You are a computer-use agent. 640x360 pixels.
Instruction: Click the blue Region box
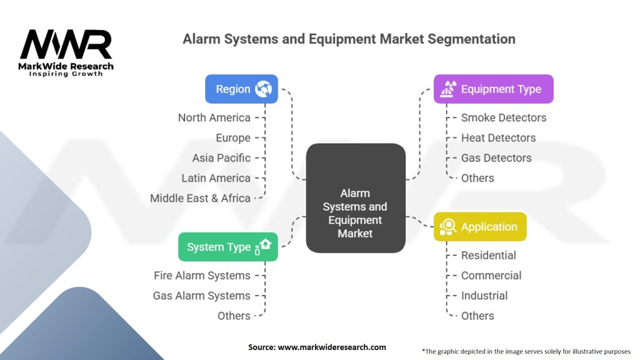click(241, 89)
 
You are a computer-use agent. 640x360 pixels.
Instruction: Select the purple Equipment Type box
click(494, 89)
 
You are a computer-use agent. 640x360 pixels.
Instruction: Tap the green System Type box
click(227, 247)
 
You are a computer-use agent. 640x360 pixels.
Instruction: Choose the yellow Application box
click(480, 227)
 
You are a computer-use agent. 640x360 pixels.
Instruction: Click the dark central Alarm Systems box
click(355, 213)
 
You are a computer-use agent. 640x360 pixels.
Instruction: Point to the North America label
click(214, 117)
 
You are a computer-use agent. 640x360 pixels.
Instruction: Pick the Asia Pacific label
click(221, 157)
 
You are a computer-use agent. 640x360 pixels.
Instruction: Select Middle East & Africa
click(200, 198)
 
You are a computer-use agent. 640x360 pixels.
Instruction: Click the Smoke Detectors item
click(503, 117)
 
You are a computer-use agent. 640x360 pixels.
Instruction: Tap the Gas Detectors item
click(496, 157)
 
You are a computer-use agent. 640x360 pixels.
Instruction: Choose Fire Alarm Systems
click(202, 276)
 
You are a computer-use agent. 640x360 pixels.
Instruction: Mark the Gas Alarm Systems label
click(201, 296)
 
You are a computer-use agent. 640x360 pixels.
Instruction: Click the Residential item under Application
click(488, 255)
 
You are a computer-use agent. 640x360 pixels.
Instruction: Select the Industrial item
click(484, 296)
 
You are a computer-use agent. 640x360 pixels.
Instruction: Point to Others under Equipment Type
click(477, 178)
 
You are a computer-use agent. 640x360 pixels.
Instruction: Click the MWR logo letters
click(66, 44)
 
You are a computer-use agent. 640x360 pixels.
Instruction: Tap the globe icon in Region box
click(263, 89)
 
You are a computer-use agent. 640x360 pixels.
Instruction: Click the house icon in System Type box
click(265, 245)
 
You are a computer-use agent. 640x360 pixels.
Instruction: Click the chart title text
click(349, 39)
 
